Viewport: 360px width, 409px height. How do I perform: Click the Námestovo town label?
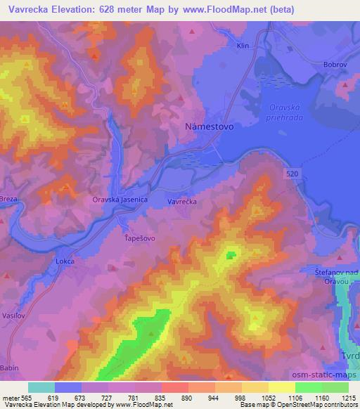point(207,128)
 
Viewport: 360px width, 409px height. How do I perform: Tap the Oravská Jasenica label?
point(120,200)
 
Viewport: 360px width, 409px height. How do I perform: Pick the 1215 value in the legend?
point(348,397)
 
